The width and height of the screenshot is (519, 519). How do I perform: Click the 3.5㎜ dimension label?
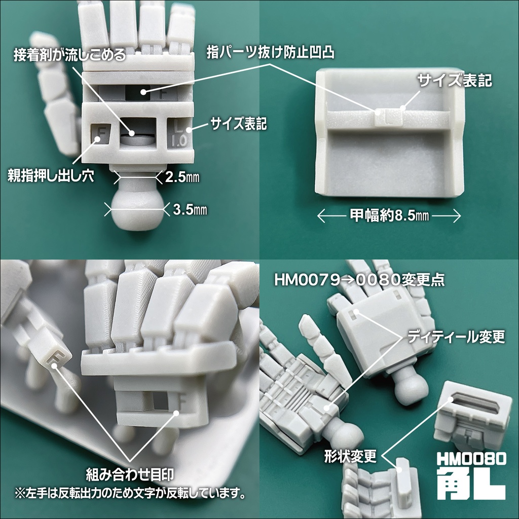coord(190,208)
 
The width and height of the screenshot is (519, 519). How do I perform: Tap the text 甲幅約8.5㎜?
coord(389,216)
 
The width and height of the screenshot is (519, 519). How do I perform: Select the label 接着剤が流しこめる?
coord(69,55)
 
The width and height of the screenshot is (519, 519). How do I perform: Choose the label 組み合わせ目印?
coord(131,474)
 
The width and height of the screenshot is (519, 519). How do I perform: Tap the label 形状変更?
coord(350,457)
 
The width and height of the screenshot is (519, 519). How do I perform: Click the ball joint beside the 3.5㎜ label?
coord(135,209)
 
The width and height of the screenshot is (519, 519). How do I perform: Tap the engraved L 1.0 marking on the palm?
coord(178,132)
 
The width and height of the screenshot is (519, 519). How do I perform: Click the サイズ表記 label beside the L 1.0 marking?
coord(239,123)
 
